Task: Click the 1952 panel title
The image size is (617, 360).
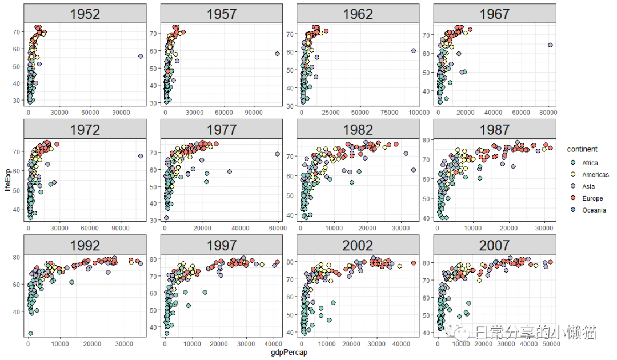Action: (85, 14)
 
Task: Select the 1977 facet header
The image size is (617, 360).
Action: (221, 129)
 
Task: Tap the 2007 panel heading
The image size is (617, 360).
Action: (494, 245)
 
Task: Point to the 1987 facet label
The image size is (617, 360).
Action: (494, 129)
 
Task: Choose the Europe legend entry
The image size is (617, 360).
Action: (592, 198)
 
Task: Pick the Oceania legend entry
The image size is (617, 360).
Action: (594, 210)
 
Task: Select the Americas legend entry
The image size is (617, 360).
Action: (595, 175)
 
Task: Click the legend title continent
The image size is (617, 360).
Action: (582, 149)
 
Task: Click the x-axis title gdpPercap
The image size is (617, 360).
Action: (289, 353)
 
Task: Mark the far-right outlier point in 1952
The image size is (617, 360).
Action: (141, 56)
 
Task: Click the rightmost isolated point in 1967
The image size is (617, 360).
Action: (550, 45)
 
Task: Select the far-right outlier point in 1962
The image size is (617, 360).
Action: (413, 50)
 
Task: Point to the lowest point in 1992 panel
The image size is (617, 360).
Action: (30, 333)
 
